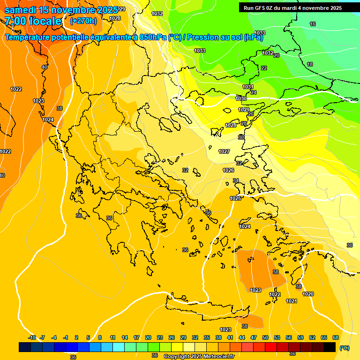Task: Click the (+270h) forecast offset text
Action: [x=83, y=21]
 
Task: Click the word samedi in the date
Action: [x=21, y=10]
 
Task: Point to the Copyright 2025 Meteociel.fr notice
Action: [x=199, y=356]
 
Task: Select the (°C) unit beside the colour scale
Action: [x=344, y=348]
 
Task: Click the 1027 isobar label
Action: [x=224, y=151]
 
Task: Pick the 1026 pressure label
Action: [x=228, y=170]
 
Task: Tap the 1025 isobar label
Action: [x=235, y=198]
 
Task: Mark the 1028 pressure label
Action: [x=231, y=125]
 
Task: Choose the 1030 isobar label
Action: [x=241, y=98]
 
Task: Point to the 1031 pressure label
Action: [x=247, y=87]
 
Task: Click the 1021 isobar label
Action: [x=291, y=301]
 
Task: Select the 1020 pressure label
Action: [x=308, y=294]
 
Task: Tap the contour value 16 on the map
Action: [x=313, y=24]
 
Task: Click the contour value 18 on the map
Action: [x=310, y=64]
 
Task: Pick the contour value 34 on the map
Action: [x=236, y=180]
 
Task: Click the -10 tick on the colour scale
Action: [x=32, y=337]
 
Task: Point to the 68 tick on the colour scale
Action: [x=336, y=337]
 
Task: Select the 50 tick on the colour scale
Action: [x=265, y=337]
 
